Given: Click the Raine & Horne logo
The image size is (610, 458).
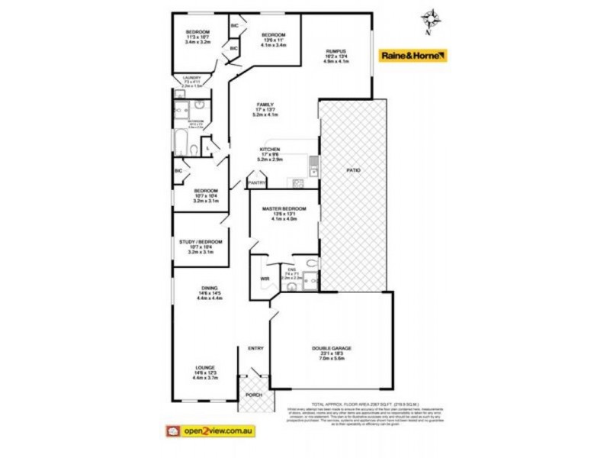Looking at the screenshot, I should tap(413, 55).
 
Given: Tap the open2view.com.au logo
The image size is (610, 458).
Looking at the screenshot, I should tap(208, 431).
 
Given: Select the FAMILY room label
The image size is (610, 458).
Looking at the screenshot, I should tap(265, 105).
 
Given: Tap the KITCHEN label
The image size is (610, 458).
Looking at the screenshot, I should tap(270, 149).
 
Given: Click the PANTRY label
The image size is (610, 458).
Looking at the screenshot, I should tap(256, 182).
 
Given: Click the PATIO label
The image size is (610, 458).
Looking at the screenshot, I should tap(352, 169).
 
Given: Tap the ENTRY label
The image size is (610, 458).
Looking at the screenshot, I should tap(255, 349).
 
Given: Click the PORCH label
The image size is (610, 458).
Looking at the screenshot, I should tap(254, 395).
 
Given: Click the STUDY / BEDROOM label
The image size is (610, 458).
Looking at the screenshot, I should tap(201, 241).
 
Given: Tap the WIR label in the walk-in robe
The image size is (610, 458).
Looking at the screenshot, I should tap(265, 279).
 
